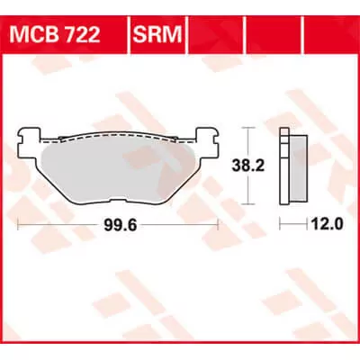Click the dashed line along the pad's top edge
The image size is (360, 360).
tap(118, 137)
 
